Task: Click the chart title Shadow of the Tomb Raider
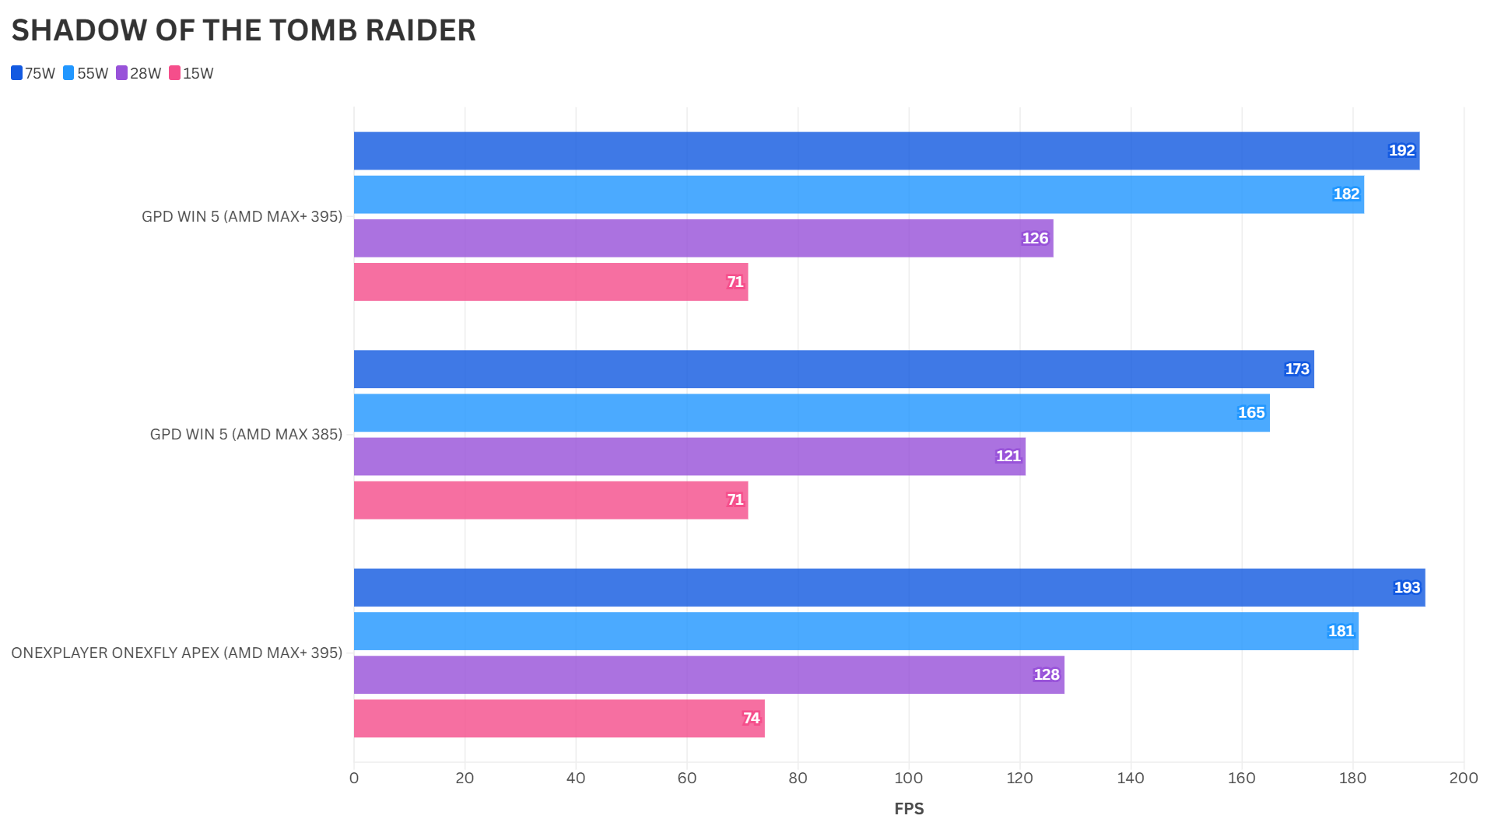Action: point(243,30)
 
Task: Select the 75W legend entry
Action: point(33,73)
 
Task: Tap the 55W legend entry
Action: point(86,73)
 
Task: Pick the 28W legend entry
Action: point(139,73)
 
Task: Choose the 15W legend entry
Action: point(191,73)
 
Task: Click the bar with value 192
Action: point(886,151)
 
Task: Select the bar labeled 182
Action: point(858,194)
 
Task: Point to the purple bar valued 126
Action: point(703,238)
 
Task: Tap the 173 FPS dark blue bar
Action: point(833,369)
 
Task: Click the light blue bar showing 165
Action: point(812,413)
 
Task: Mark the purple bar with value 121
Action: point(689,457)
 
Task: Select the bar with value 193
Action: point(889,588)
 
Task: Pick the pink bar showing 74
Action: point(559,719)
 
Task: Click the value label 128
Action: point(1046,675)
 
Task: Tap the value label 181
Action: point(1340,632)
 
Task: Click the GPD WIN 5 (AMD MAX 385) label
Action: point(246,435)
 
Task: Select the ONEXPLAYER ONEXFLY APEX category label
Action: point(177,653)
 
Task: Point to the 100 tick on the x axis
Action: point(908,779)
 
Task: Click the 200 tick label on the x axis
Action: point(1463,779)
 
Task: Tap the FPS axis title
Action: point(909,809)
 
